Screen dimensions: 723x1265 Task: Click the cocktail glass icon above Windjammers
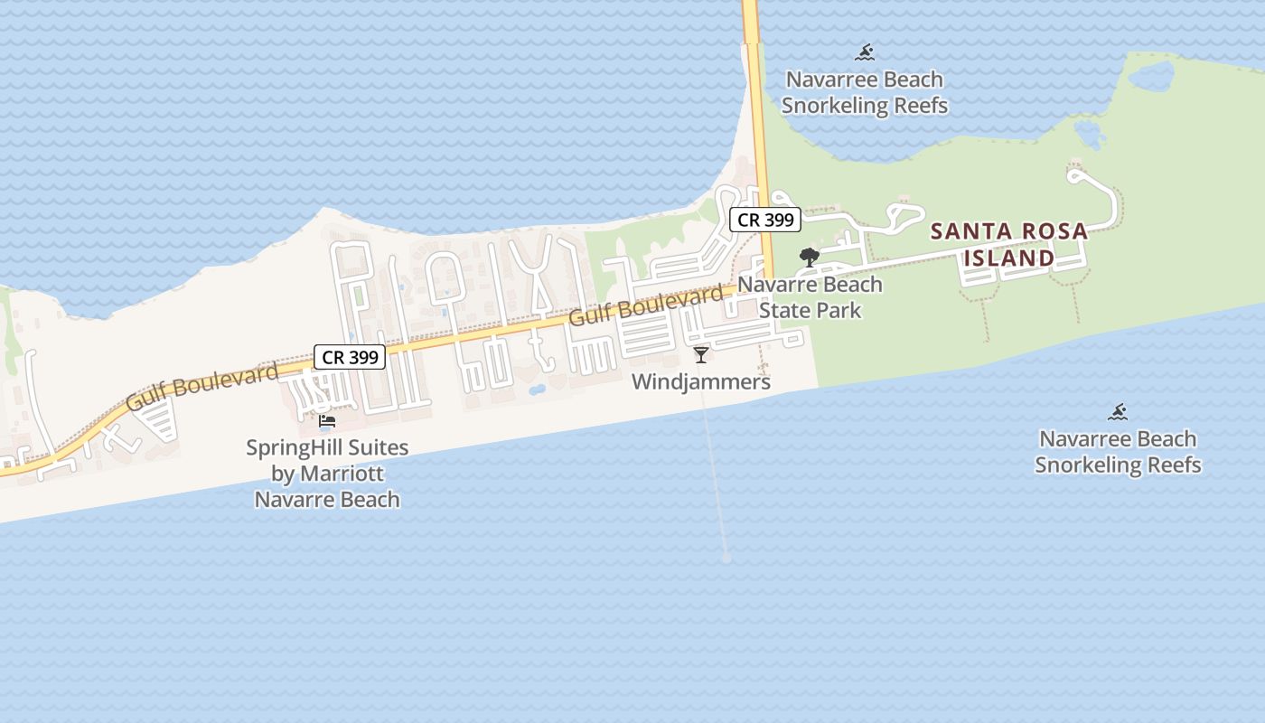click(x=700, y=354)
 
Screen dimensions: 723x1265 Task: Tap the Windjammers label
click(x=700, y=381)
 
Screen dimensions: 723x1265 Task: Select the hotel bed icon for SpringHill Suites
click(x=327, y=421)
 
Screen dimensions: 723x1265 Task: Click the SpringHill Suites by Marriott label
click(x=327, y=473)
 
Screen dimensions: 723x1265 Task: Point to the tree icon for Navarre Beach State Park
click(x=809, y=258)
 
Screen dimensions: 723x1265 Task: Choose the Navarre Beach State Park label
click(x=810, y=297)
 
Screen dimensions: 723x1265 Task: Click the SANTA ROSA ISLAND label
click(x=1008, y=244)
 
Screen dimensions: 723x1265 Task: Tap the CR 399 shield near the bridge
click(x=764, y=220)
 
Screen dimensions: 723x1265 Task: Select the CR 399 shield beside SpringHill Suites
click(x=350, y=357)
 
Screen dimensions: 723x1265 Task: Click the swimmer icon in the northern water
click(x=865, y=52)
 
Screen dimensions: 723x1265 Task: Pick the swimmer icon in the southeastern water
click(x=1118, y=412)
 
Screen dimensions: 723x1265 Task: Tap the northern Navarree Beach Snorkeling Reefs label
click(x=865, y=92)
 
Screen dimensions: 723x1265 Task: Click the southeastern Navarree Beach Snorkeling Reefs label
click(x=1118, y=452)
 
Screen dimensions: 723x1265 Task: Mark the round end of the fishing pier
click(x=726, y=559)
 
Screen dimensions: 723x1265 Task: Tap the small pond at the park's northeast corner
click(x=1150, y=77)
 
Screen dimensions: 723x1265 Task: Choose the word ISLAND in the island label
click(x=1008, y=258)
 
